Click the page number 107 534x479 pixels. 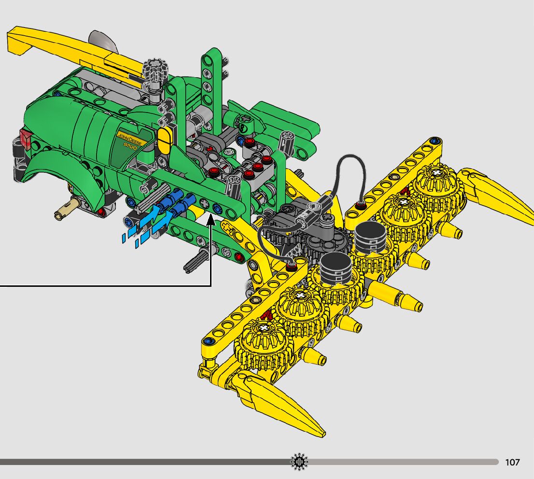(512, 462)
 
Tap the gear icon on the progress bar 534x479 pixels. (299, 462)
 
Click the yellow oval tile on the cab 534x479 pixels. (164, 141)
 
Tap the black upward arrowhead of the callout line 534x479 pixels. (211, 220)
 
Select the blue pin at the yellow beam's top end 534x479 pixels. (434, 141)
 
